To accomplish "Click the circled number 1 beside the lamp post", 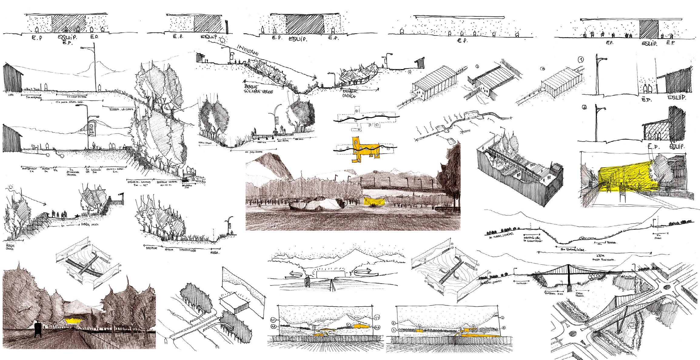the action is point(581,60).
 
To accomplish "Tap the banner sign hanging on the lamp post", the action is point(92,129).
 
